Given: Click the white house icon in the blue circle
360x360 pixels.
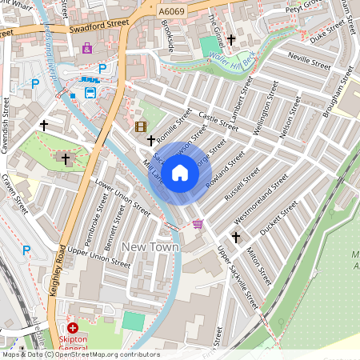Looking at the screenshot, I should point(180,173).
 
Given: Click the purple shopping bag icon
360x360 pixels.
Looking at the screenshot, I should point(86,48).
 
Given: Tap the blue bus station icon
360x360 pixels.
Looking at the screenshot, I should point(90,91).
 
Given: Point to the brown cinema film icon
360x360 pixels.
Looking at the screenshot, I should point(141,126).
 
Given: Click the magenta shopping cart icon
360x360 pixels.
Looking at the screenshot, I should point(198,224).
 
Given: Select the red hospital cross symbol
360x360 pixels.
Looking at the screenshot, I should point(73,328).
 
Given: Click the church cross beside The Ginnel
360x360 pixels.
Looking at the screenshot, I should point(231,38).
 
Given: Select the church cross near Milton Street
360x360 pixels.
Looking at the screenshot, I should point(236,237).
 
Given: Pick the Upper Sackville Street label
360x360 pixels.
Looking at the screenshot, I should point(239,278).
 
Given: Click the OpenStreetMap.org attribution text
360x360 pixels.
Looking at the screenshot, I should point(104,354).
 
